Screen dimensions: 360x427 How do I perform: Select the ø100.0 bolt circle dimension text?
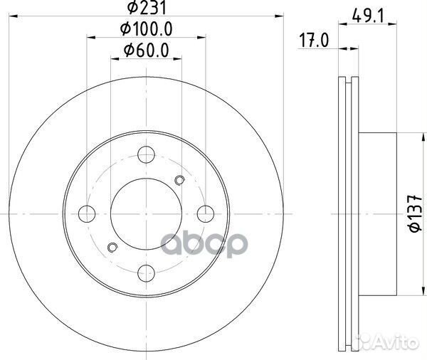[x=147, y=30]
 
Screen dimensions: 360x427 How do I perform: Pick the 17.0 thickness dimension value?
[x=313, y=41]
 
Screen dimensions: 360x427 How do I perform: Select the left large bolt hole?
[x=88, y=212]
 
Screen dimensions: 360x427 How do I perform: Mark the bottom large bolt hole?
[x=147, y=271]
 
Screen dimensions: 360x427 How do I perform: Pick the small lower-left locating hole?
[x=111, y=247]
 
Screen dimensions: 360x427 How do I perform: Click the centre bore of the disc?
[x=147, y=212]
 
